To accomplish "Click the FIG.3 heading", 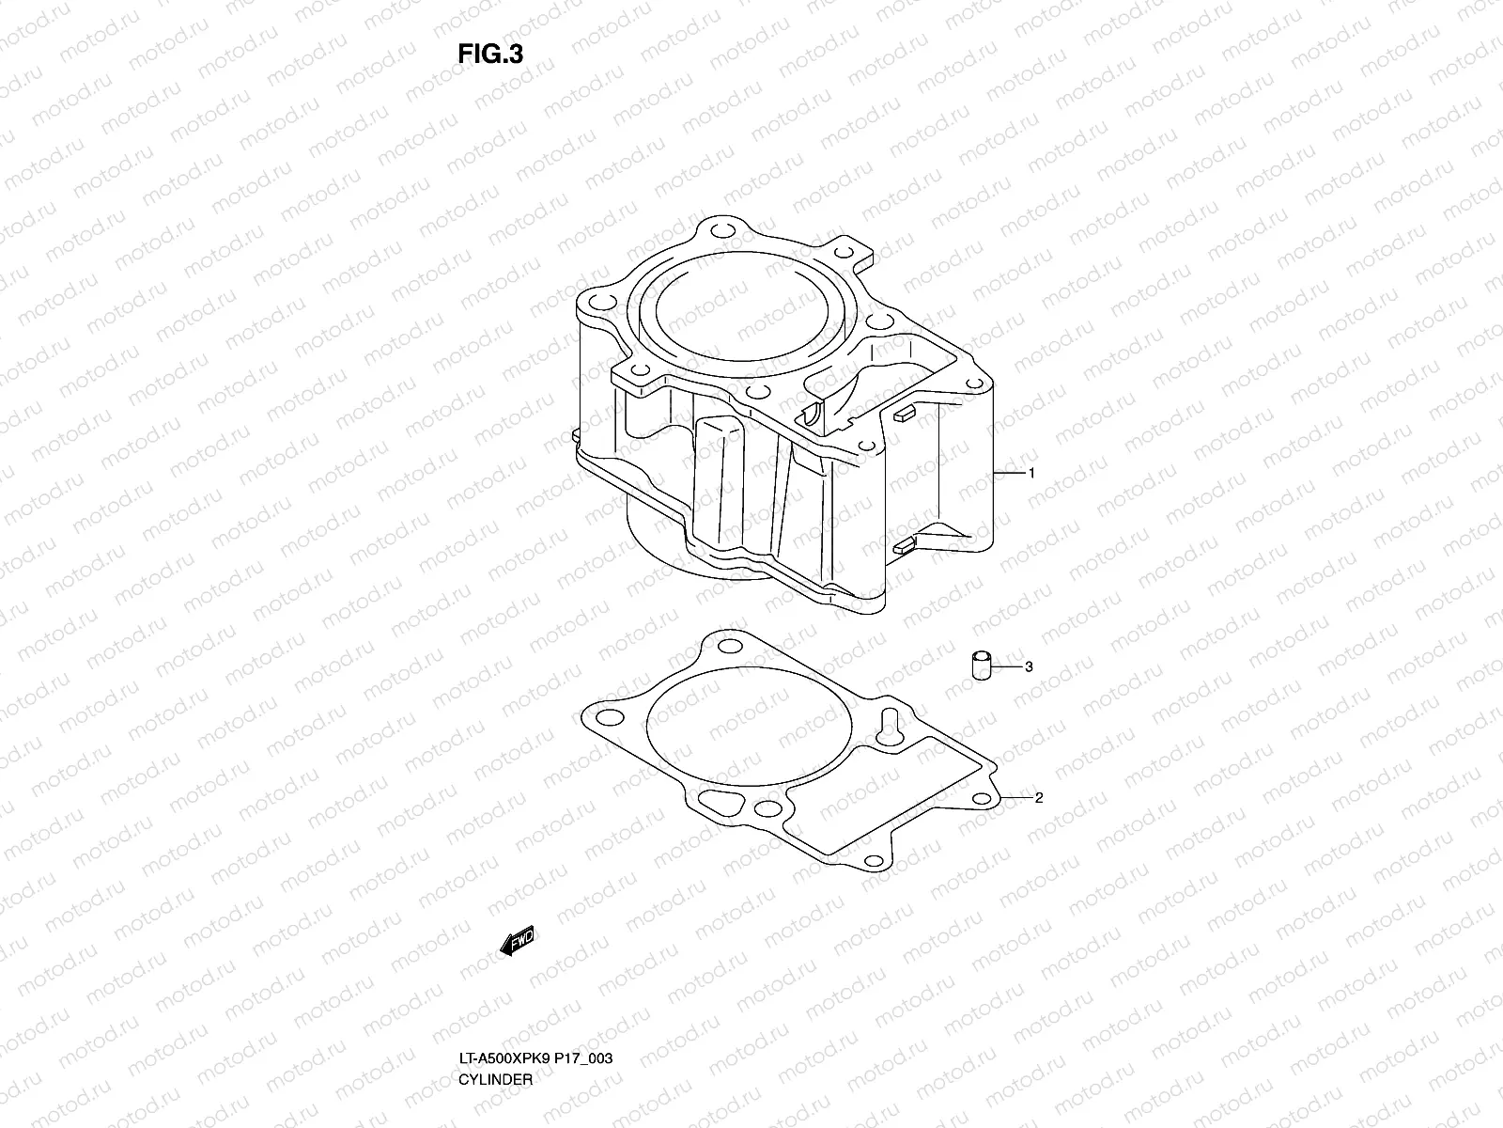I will click(x=489, y=54).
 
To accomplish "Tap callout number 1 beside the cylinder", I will click(x=1031, y=474).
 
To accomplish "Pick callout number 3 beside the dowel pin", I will click(x=1029, y=666).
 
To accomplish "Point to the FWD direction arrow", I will click(x=518, y=941).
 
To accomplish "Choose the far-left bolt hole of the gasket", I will click(x=609, y=718).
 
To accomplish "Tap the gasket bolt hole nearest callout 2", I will click(x=983, y=799).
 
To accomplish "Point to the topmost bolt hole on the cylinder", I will click(x=722, y=231).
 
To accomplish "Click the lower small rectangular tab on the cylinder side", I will click(x=905, y=546).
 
